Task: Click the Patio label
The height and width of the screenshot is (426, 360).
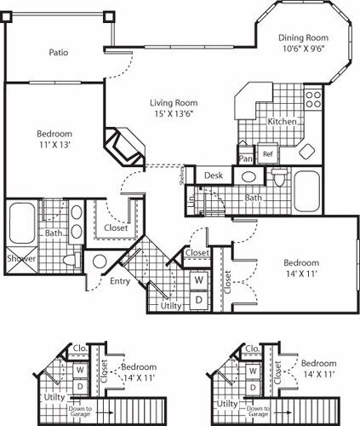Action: pyautogui.click(x=58, y=53)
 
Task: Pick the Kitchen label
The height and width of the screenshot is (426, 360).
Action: pyautogui.click(x=282, y=122)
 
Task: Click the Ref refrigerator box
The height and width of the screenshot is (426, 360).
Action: pyautogui.click(x=267, y=154)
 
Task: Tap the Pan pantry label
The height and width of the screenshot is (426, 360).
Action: pyautogui.click(x=246, y=158)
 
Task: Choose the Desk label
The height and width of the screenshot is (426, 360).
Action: pyautogui.click(x=214, y=176)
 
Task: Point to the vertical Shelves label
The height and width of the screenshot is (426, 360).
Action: pyautogui.click(x=182, y=176)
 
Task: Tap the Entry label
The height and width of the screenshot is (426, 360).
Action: pyautogui.click(x=120, y=281)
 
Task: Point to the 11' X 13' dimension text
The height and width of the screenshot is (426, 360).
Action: pyautogui.click(x=53, y=146)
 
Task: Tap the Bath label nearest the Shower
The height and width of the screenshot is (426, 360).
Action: pyautogui.click(x=54, y=233)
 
